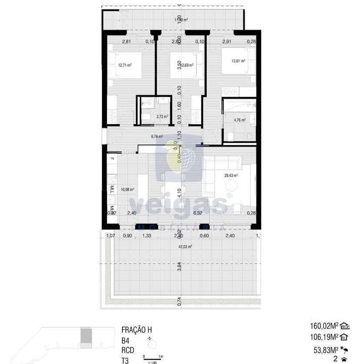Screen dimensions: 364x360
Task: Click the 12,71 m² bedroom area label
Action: tap(125, 65)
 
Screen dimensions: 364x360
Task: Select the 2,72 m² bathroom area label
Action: tap(162, 117)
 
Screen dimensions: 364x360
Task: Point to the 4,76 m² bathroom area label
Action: tap(239, 120)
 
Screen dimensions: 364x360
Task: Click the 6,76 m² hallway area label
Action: tap(157, 136)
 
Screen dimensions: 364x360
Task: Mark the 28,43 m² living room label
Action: tap(231, 175)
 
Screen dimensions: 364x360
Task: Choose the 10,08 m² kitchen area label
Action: tap(128, 189)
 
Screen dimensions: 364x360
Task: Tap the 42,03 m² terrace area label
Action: tap(185, 246)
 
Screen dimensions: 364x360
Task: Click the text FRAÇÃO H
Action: tap(137, 330)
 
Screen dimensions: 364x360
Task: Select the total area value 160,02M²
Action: tap(324, 326)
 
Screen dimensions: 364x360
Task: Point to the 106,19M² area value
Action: tap(324, 337)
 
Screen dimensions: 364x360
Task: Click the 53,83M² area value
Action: tap(326, 349)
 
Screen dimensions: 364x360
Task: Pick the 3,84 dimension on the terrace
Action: tap(179, 266)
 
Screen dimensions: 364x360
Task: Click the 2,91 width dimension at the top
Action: tap(226, 42)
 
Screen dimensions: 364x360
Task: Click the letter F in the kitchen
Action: tap(112, 158)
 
